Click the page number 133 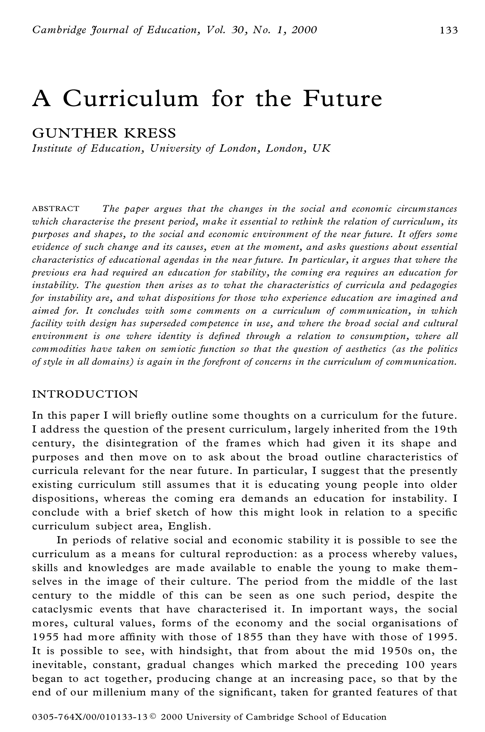449,30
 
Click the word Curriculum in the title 130,99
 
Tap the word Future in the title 342,99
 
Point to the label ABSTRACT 56,209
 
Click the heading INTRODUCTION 85,394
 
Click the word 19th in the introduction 445,430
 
